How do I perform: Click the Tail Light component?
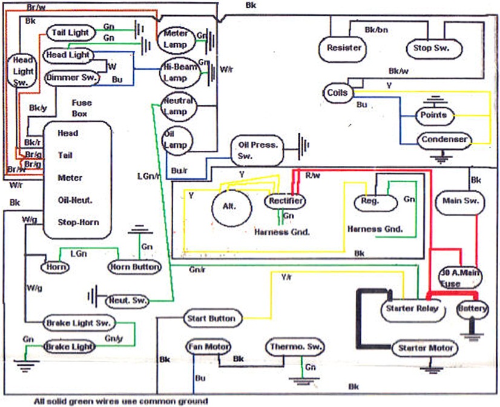pyautogui.click(x=70, y=33)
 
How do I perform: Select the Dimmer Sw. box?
pyautogui.click(x=72, y=77)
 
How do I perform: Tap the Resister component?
pyautogui.click(x=343, y=48)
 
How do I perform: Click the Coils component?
pyautogui.click(x=337, y=93)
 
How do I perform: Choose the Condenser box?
pyautogui.click(x=444, y=140)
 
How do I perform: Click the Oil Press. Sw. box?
pyautogui.click(x=258, y=150)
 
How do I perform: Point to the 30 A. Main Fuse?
pyautogui.click(x=461, y=277)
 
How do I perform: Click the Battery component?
pyautogui.click(x=472, y=309)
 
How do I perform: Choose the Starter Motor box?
pyautogui.click(x=424, y=348)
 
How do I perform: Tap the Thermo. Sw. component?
pyautogui.click(x=294, y=348)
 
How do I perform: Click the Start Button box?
pyautogui.click(x=212, y=318)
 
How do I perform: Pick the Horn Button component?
pyautogui.click(x=134, y=266)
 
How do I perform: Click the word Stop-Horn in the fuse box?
pyautogui.click(x=78, y=222)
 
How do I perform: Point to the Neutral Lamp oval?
pyautogui.click(x=177, y=107)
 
